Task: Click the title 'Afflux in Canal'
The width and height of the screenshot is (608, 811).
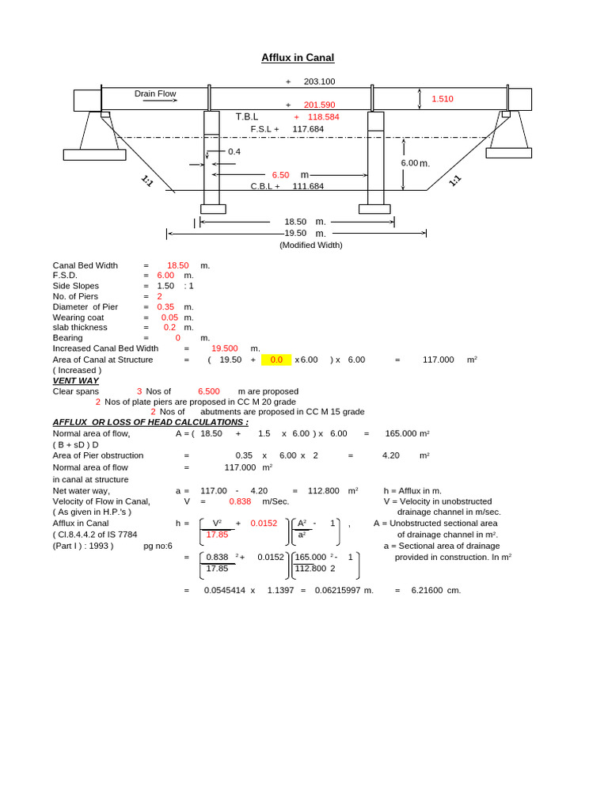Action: [298, 58]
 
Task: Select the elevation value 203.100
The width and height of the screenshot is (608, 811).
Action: [319, 82]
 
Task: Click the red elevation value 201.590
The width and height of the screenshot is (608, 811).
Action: [319, 105]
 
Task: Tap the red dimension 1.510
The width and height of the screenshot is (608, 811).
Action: [442, 99]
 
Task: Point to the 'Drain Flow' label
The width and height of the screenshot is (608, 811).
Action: [155, 93]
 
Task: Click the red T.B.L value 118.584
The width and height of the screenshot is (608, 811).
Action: [323, 116]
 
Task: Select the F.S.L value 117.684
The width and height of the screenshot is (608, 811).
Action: [308, 128]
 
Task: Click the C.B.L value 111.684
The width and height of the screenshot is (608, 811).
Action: [308, 186]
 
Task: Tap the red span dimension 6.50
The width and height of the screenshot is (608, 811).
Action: [280, 174]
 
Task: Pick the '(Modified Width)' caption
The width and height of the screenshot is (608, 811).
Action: [311, 245]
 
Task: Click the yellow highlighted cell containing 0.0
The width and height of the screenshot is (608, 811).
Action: [276, 360]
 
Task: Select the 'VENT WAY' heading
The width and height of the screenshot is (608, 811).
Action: [76, 380]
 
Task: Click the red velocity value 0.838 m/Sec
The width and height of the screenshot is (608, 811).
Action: [240, 501]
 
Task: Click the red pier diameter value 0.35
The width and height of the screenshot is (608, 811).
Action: [165, 307]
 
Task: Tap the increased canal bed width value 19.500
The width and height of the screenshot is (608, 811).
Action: [224, 348]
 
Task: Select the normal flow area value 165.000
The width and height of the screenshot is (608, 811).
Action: [401, 433]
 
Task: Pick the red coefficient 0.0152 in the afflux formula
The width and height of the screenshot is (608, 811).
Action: [264, 523]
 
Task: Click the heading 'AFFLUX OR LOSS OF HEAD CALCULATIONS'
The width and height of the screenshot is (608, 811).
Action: [150, 422]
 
